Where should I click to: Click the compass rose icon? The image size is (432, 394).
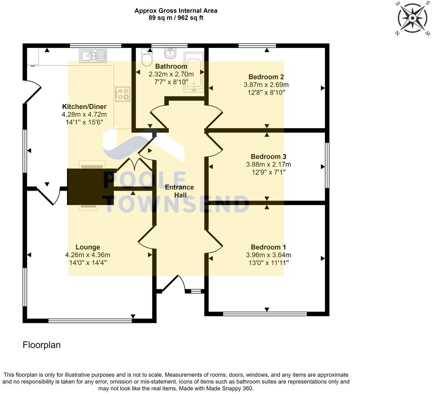tap(412, 18)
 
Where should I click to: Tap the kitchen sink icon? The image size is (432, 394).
tap(93, 56)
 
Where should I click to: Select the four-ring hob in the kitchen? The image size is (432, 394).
tap(123, 94)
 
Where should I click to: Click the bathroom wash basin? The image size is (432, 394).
tap(170, 53)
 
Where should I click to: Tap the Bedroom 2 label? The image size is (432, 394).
tap(266, 77)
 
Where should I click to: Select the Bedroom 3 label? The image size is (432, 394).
tap(268, 156)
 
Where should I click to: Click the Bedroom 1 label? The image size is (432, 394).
tap(268, 247)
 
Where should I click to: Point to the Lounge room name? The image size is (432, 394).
tap(88, 247)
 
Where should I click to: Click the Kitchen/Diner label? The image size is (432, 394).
tap(84, 106)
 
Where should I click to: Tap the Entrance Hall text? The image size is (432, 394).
tap(179, 191)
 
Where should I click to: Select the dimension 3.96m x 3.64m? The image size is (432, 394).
tap(268, 255)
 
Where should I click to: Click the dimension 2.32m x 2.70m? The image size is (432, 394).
tap(171, 74)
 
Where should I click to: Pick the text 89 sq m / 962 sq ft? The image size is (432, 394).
tap(176, 18)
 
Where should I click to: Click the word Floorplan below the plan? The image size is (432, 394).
tap(42, 345)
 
